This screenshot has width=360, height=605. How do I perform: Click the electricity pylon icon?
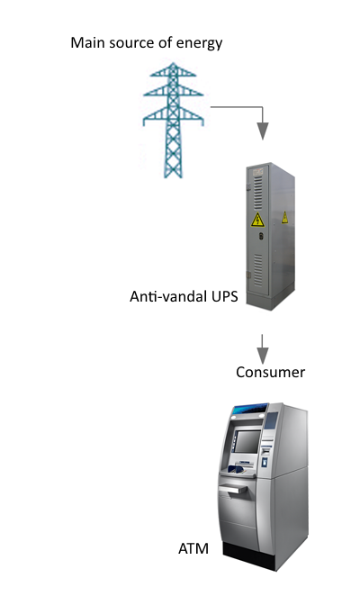(173, 120)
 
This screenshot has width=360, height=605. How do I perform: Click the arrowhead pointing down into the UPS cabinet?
(263, 131)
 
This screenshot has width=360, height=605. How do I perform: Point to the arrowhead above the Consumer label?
(263, 356)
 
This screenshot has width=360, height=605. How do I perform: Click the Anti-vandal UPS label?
(184, 297)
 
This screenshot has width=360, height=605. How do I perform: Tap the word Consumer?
(271, 373)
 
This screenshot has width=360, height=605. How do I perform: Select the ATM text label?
(193, 548)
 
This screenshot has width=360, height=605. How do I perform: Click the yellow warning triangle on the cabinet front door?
(257, 220)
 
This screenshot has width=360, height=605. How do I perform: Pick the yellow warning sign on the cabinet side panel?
(284, 217)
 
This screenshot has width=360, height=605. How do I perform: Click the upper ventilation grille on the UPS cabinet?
(258, 193)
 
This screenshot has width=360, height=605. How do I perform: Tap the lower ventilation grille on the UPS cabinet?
(258, 270)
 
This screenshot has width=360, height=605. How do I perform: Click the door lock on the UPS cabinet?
(261, 236)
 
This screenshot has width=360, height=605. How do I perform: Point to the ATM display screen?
(247, 441)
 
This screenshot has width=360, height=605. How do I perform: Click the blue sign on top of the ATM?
(250, 409)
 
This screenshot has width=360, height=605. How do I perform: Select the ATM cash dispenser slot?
(234, 490)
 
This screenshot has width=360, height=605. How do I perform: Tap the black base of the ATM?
(249, 556)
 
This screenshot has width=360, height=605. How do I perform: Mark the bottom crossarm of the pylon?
(173, 116)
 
